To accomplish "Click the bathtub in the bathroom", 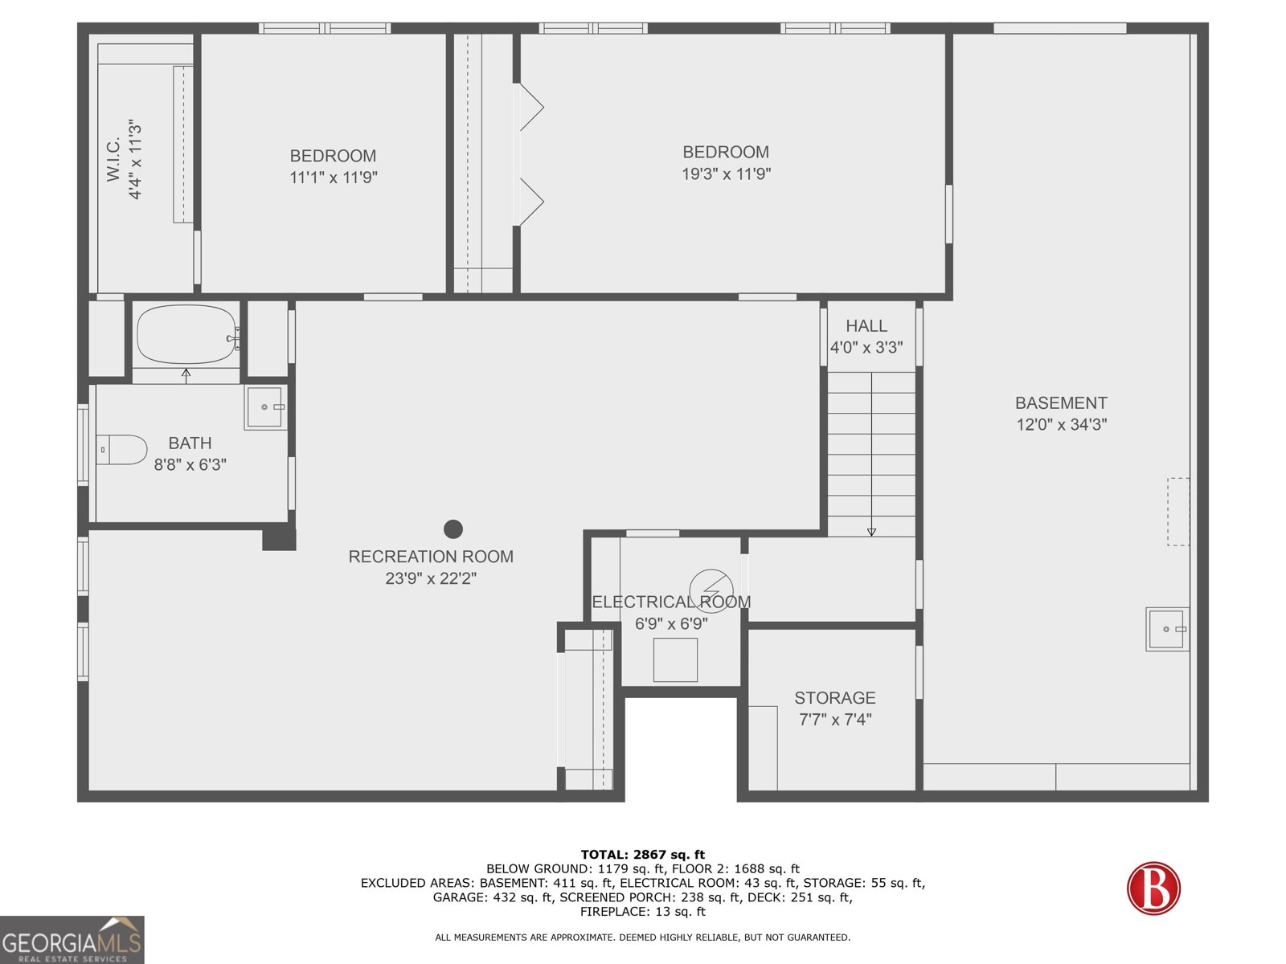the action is tap(187, 334).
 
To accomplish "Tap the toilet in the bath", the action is tap(121, 450).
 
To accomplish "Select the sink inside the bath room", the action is tap(265, 407).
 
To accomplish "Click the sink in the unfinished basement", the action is tap(1167, 629).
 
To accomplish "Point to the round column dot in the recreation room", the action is tap(453, 529).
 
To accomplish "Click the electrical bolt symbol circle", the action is tap(711, 591).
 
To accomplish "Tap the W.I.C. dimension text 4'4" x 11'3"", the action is tap(135, 160).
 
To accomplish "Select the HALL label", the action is tap(866, 326).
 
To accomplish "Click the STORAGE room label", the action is tap(835, 697).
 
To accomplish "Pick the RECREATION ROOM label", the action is tap(431, 557).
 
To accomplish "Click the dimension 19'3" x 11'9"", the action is tap(726, 174).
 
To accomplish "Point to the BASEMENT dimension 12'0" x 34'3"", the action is tap(1061, 424).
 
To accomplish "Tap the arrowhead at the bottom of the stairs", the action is tap(871, 532).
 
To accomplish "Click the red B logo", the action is tap(1153, 888).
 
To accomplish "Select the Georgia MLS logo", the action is tap(72, 939).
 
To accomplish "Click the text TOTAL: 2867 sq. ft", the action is tap(643, 855).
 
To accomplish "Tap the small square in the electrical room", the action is tap(675, 660).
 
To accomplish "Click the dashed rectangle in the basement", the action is tap(1177, 512).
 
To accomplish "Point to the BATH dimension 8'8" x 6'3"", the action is tap(190, 465).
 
